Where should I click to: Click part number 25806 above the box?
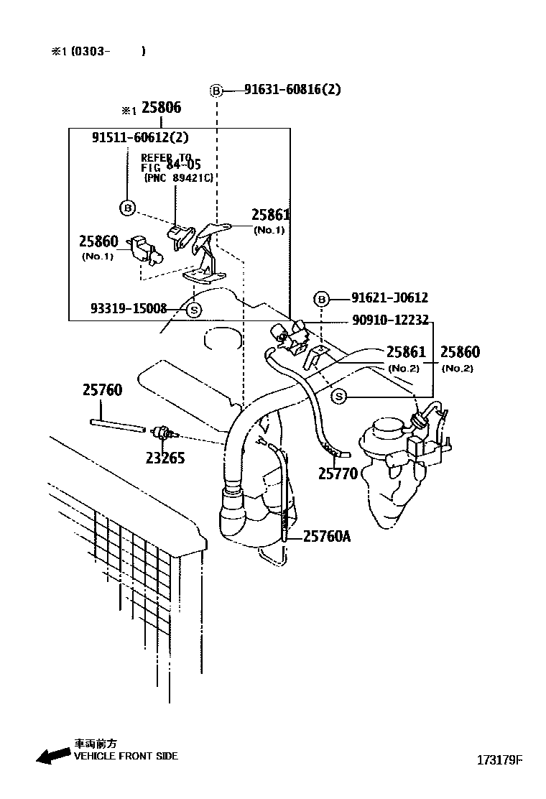(161, 108)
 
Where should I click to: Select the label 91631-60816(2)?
(292, 90)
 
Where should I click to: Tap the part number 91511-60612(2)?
(140, 137)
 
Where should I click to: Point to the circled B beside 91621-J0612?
(321, 299)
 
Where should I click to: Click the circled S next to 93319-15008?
(194, 309)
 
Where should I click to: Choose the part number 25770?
(338, 474)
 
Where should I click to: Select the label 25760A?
(327, 536)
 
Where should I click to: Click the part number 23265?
(165, 458)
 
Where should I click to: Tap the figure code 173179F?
(499, 760)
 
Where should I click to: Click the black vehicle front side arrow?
(53, 755)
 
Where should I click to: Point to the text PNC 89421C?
(179, 178)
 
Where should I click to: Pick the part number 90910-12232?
(391, 320)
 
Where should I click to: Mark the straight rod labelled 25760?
(117, 425)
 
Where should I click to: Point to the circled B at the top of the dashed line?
(217, 91)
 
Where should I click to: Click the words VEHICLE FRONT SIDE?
(126, 756)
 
